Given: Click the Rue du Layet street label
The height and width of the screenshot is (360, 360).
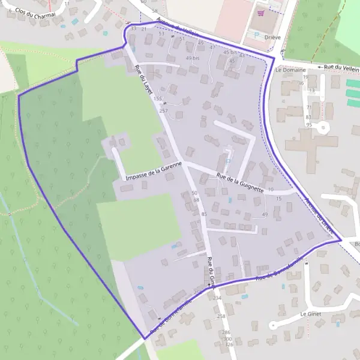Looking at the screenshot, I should coord(143,80).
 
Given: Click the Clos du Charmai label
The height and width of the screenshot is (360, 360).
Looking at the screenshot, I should coord(35,13).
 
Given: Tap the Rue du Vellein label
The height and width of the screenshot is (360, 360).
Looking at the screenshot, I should coord(341,67).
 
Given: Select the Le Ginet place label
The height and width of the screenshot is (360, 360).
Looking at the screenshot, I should coord(311,314).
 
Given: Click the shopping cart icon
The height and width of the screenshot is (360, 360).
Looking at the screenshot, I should coord(260,13).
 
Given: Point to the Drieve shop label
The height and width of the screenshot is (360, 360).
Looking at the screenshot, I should coord(260,35).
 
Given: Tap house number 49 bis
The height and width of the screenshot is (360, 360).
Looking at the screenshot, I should coord(192,58).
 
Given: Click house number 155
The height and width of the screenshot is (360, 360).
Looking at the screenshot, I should coord(158,98).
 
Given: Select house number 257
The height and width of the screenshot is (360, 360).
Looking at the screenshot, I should coord(163,111).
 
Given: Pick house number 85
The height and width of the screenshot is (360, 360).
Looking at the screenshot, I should coord(204,214).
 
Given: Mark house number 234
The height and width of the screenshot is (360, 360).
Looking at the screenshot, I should coord(217,298).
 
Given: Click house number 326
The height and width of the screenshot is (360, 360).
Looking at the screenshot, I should coord(229,344).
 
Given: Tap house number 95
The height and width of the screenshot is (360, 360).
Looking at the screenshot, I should coord(309,125).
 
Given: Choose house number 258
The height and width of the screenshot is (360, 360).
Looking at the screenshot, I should coord(221,316).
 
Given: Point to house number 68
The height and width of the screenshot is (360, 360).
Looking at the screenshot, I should coord(196,199).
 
